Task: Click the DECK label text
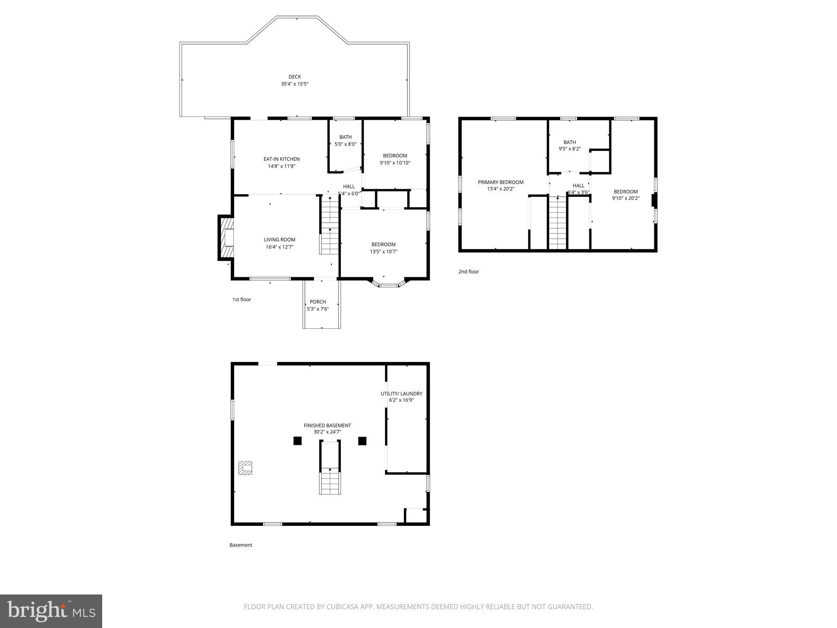[295, 77]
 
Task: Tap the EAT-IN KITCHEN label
[281, 159]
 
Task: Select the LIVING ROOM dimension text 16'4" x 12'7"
[279, 247]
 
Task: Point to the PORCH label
[318, 302]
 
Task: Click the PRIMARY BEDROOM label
[501, 182]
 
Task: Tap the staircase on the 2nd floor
[557, 223]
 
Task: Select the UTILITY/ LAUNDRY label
[401, 394]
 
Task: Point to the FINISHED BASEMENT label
[327, 426]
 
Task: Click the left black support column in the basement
[297, 441]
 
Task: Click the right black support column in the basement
[362, 441]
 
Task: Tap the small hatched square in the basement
[245, 468]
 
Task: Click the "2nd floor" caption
[468, 272]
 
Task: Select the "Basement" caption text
[241, 545]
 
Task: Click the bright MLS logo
[51, 611]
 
